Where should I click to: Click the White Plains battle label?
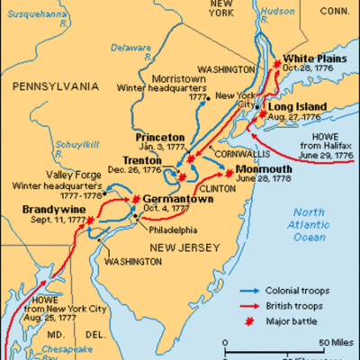308,56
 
